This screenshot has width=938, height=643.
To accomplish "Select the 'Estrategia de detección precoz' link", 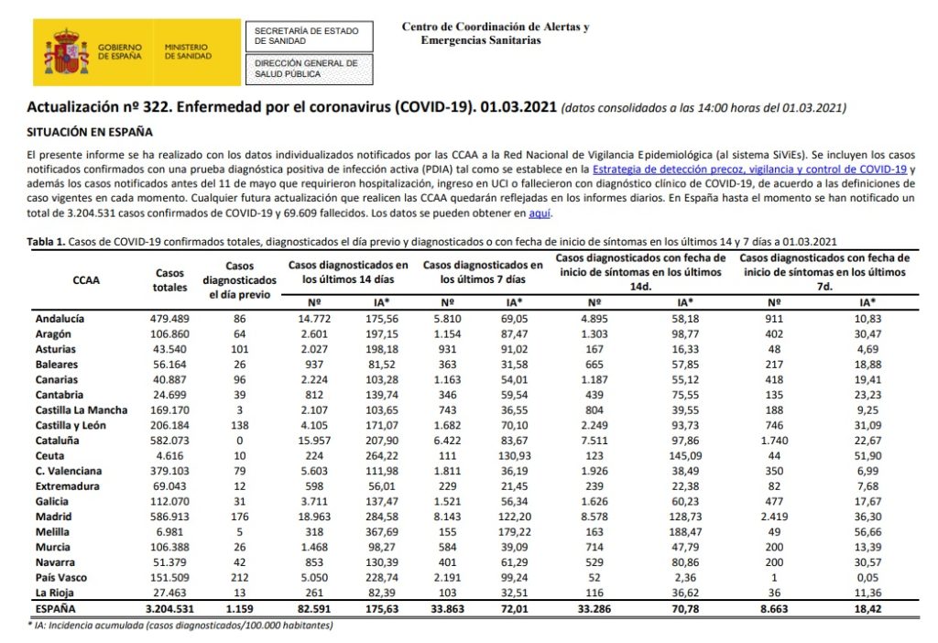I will pos(749,170).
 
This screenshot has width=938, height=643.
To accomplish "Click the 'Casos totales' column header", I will pos(170,280).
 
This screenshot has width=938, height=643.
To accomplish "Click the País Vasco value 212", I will pos(243,577).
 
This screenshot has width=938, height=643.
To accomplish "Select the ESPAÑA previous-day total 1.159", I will pos(241,607).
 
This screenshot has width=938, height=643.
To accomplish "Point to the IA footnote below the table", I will pos(180,626).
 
